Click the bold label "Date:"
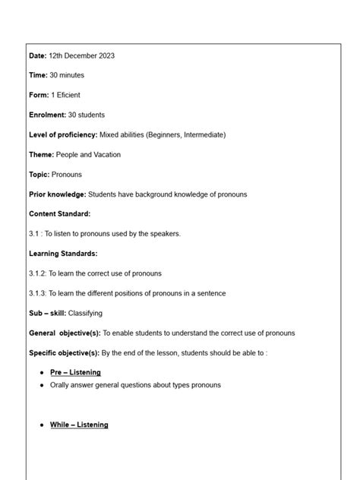pyautogui.click(x=38, y=55)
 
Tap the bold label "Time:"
pyautogui.click(x=38, y=75)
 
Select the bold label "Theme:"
pyautogui.click(x=42, y=154)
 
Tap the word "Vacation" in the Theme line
pyautogui.click(x=104, y=154)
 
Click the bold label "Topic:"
pyautogui.click(x=39, y=174)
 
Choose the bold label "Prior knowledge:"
pyautogui.click(x=58, y=194)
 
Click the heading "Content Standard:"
pyautogui.click(x=59, y=214)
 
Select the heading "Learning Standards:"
pyautogui.click(x=63, y=254)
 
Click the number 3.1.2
pyautogui.click(x=38, y=273)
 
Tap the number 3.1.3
pyautogui.click(x=38, y=293)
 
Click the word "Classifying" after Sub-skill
pyautogui.click(x=85, y=313)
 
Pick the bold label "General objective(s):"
pyautogui.click(x=65, y=333)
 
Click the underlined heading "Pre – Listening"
pyautogui.click(x=75, y=372)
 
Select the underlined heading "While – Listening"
pyautogui.click(x=79, y=425)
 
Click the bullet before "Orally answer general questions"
pyautogui.click(x=41, y=385)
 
